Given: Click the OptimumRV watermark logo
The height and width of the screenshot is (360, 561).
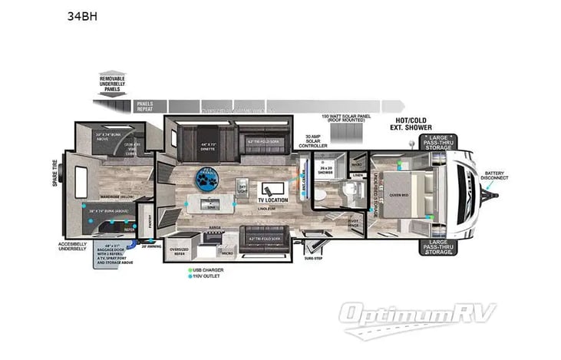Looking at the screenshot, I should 418,315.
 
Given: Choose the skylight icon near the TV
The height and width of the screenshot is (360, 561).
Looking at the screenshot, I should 243,187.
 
